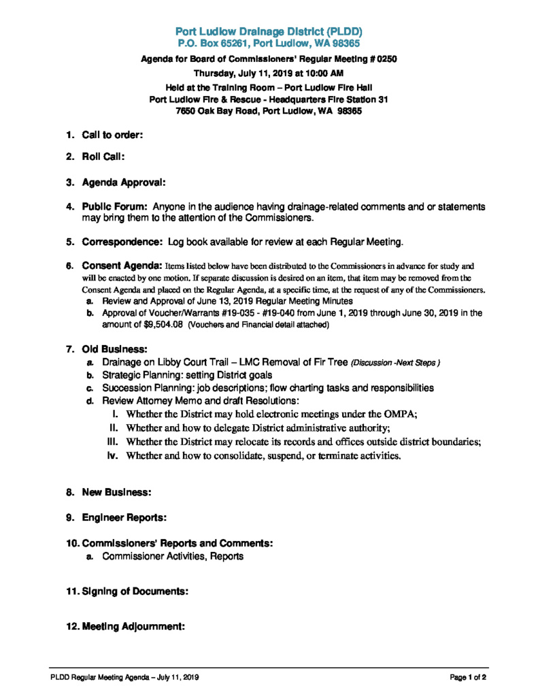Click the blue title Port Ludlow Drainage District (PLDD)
click(269, 31)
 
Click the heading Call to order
click(112, 135)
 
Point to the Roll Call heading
click(103, 157)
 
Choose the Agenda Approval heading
click(124, 182)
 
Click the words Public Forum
click(115, 206)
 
